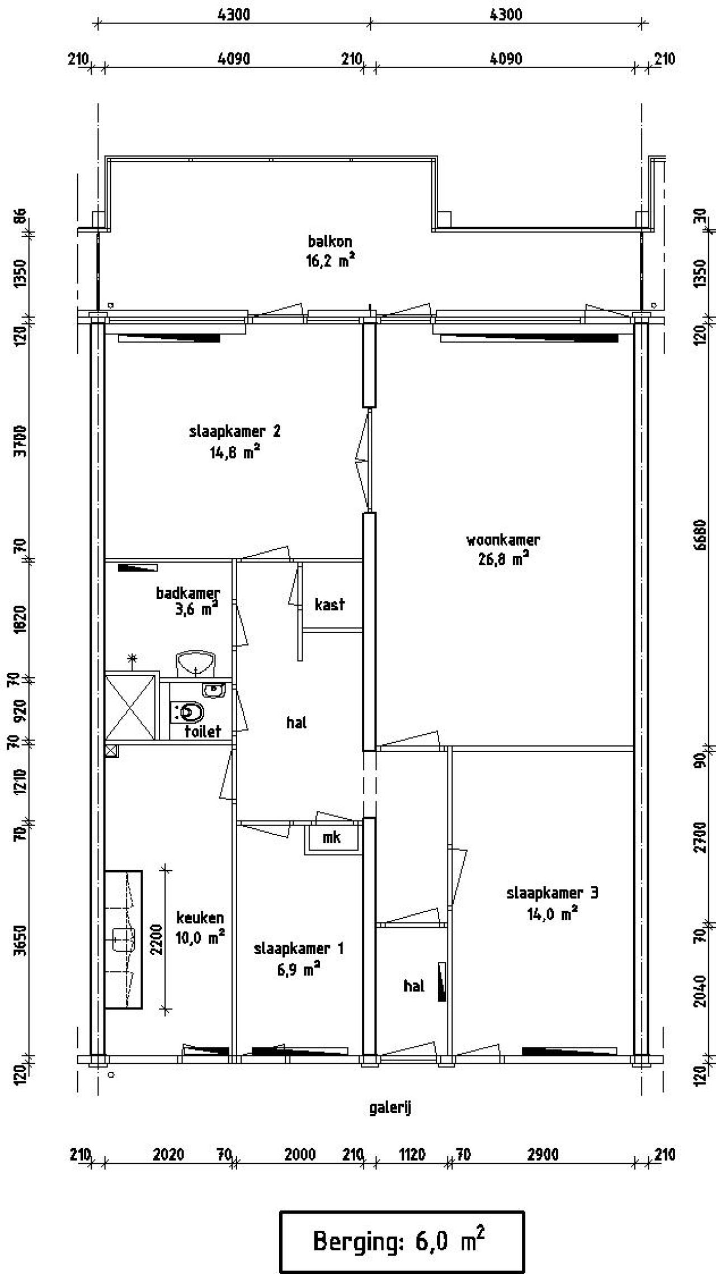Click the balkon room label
coord(330,242)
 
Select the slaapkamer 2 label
coord(234,431)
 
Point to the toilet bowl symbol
coord(191,713)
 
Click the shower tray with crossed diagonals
coord(130,707)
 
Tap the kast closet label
coord(329,604)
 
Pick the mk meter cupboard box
coord(332,837)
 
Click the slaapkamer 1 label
coord(299,949)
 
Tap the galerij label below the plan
coord(390,1108)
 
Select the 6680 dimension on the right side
coord(699,534)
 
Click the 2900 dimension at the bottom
coord(543,1155)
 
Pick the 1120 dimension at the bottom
coord(412,1155)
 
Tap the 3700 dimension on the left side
coord(21,441)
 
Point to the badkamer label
coord(187,593)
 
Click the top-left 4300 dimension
coord(234,14)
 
